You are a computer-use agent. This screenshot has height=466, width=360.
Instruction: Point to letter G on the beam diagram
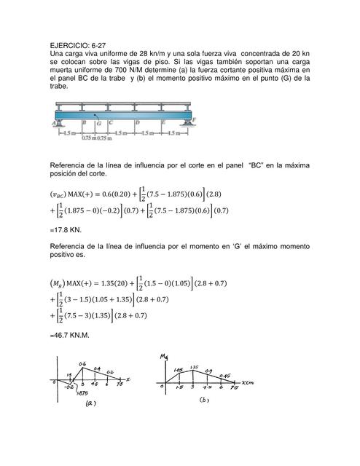(99, 123)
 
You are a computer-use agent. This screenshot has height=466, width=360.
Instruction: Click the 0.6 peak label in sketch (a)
(82, 363)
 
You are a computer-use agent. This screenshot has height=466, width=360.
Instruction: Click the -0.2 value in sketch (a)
(70, 387)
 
